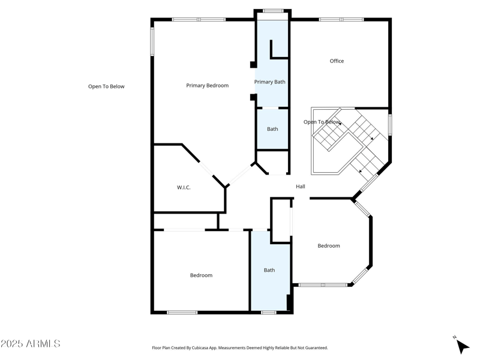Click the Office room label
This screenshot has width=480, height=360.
click(337, 61)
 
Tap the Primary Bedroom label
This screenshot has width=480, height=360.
click(207, 86)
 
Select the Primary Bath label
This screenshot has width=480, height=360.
click(269, 82)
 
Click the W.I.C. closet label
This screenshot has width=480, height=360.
click(184, 188)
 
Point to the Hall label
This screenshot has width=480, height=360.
click(301, 187)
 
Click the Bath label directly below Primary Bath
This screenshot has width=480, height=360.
click(272, 129)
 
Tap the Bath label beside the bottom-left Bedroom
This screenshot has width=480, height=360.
click(269, 270)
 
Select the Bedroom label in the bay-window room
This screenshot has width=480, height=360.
click(329, 246)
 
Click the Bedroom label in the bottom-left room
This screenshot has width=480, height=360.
click(201, 275)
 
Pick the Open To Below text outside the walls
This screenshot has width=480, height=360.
click(106, 86)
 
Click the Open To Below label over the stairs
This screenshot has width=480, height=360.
click(322, 122)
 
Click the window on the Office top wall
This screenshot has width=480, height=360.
click(341, 20)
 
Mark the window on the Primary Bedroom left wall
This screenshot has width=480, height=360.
click(152, 41)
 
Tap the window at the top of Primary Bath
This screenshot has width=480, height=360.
click(273, 11)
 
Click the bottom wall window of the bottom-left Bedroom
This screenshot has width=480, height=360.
click(182, 312)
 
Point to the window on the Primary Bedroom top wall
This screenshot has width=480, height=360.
click(199, 20)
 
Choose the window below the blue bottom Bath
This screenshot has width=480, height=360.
click(269, 312)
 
